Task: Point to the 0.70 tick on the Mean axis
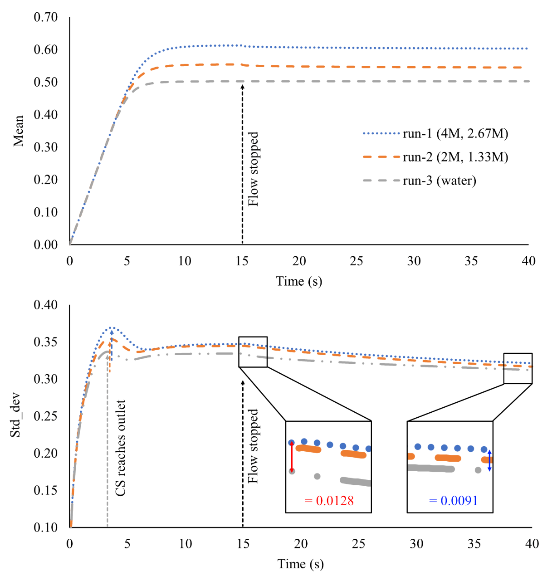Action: pyautogui.click(x=46, y=17)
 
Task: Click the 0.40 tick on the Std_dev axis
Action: pyautogui.click(x=46, y=305)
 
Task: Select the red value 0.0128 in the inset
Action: pyautogui.click(x=329, y=501)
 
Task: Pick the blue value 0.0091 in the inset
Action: pyautogui.click(x=453, y=501)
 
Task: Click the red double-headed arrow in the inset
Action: pyautogui.click(x=292, y=457)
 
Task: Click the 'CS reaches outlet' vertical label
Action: pyautogui.click(x=120, y=448)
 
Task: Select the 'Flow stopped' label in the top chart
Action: pyautogui.click(x=253, y=169)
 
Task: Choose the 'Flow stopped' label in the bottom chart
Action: pyautogui.click(x=253, y=446)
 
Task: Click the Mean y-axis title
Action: pyautogui.click(x=19, y=131)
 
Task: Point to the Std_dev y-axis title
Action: pyautogui.click(x=16, y=416)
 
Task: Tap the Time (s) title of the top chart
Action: pyautogui.click(x=299, y=282)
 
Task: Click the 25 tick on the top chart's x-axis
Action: pyautogui.click(x=357, y=261)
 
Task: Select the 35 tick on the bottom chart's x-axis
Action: pyautogui.click(x=474, y=543)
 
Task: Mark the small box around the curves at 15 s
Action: pyautogui.click(x=253, y=352)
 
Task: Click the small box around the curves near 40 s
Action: pyautogui.click(x=518, y=368)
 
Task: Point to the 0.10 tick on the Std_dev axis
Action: pyautogui.click(x=46, y=527)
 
